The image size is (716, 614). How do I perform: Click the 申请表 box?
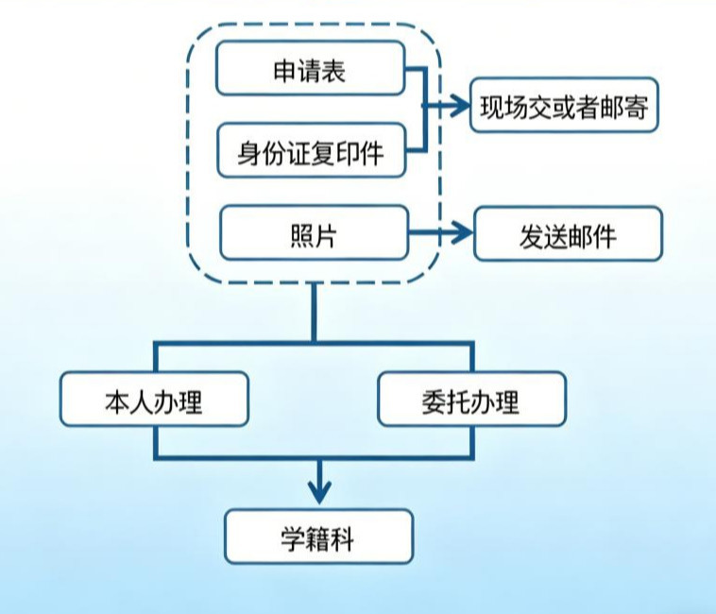tap(311, 69)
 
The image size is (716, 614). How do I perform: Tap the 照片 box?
tap(314, 233)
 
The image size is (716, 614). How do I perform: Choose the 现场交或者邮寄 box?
tap(564, 106)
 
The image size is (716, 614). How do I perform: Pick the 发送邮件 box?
tap(568, 234)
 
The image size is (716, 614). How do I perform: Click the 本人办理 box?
tap(154, 401)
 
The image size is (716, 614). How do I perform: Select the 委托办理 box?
tap(471, 401)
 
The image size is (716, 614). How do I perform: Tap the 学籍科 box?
tap(318, 537)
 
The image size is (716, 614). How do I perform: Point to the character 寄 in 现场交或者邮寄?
tap(636, 107)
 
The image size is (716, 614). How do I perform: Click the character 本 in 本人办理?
tap(115, 401)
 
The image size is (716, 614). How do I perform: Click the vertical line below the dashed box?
tap(314, 312)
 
